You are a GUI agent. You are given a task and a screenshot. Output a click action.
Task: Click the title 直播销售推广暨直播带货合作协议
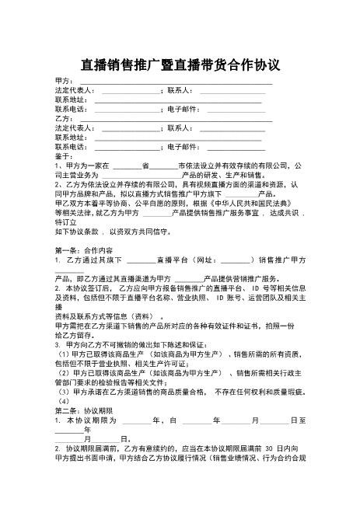[180, 62]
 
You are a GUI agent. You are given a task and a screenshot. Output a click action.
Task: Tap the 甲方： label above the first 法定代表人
[65, 80]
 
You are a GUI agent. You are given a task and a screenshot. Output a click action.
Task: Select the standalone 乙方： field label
[65, 118]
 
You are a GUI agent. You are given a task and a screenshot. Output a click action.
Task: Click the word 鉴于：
[65, 155]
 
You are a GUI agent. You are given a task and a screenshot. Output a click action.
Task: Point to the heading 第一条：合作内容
[84, 250]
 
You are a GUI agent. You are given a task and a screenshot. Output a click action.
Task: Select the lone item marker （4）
[62, 400]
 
